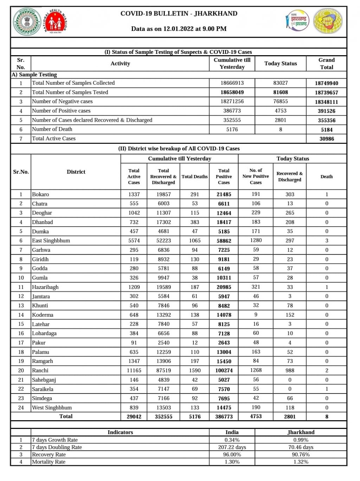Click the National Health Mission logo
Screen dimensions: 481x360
tap(55, 22)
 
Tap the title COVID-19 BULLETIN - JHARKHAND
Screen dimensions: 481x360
tap(179, 14)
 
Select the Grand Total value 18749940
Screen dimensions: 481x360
tap(326, 83)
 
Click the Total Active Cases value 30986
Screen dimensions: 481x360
tap(326, 139)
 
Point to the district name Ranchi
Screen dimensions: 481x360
tap(40, 371)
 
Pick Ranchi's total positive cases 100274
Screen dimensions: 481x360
tap(224, 371)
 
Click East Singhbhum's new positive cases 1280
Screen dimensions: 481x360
tap(256, 240)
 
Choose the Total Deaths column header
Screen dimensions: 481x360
tap(194, 177)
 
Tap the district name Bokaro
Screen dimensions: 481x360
tap(40, 194)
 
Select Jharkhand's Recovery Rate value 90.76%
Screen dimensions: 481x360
tap(301, 455)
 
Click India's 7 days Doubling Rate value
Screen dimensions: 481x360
tap(232, 447)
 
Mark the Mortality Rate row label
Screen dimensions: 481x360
tap(49, 462)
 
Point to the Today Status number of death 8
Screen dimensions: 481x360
tap(281, 129)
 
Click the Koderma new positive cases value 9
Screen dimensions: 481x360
tap(256, 315)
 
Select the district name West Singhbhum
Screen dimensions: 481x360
tap(52, 408)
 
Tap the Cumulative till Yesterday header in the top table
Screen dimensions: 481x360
tap(232, 64)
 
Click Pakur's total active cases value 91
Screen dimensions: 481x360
tap(134, 343)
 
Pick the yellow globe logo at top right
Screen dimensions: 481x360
tap(328, 21)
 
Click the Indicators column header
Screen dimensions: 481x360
tap(120, 432)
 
